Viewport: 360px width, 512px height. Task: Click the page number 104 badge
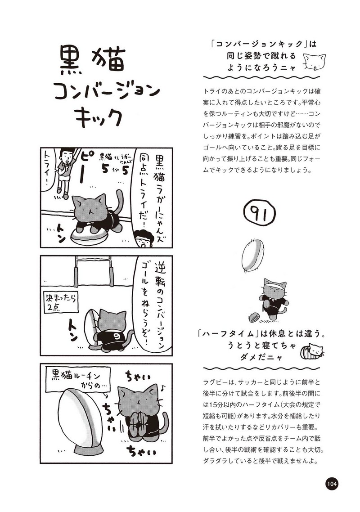(331, 483)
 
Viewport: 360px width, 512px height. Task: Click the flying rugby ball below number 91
(252, 256)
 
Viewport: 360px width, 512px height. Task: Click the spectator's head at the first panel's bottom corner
(144, 238)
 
